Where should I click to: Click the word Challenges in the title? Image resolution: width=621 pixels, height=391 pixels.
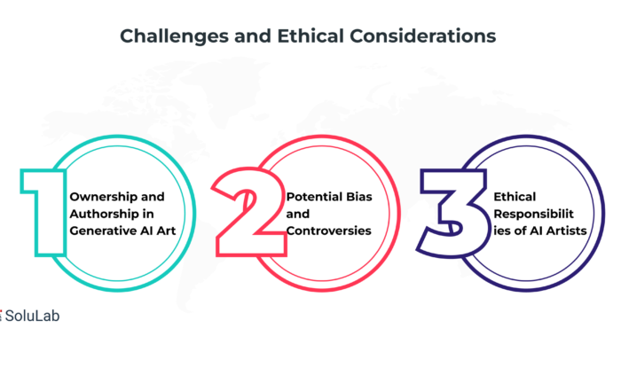pos(174,37)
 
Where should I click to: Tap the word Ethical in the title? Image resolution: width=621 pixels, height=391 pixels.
pos(310,36)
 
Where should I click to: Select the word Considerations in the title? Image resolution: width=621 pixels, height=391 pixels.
pos(422,36)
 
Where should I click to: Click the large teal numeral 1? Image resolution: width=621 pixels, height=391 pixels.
pos(43,213)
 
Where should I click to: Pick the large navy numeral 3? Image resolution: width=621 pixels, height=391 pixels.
pos(453,213)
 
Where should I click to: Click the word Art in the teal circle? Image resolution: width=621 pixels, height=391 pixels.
pos(166,231)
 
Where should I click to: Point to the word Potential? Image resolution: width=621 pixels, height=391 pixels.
pos(310,197)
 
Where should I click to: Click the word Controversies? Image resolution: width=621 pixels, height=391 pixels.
pos(329,231)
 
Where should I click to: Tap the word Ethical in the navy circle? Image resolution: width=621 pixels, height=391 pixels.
pos(515,197)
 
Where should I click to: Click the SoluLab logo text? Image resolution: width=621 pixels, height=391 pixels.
pos(32,316)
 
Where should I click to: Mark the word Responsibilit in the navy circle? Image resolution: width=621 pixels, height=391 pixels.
pos(533,214)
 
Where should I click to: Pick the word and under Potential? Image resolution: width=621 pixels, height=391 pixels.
pos(298,214)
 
